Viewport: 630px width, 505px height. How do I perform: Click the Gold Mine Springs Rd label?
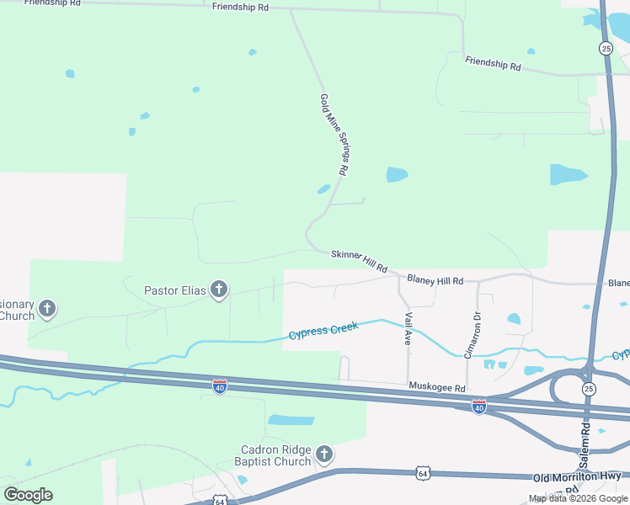click(x=334, y=134)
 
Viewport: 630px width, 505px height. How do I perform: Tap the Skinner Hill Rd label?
click(x=359, y=261)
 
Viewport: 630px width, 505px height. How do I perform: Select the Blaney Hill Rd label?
click(x=435, y=279)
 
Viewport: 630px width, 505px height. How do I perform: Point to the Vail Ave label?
click(x=408, y=328)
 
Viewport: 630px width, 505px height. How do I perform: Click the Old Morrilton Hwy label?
click(x=577, y=477)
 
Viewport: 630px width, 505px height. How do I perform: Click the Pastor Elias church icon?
click(x=219, y=291)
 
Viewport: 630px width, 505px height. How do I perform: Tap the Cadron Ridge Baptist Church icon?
click(x=323, y=456)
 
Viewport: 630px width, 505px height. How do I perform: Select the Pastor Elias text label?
click(x=174, y=291)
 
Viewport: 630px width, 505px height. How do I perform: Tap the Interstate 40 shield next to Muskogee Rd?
click(x=478, y=407)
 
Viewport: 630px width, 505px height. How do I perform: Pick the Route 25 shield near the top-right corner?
click(x=606, y=48)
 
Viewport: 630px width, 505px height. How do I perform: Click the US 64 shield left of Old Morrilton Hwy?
click(x=422, y=474)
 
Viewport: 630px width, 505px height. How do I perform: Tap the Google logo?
click(x=28, y=494)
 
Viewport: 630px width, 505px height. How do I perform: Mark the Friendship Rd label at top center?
click(x=240, y=7)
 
